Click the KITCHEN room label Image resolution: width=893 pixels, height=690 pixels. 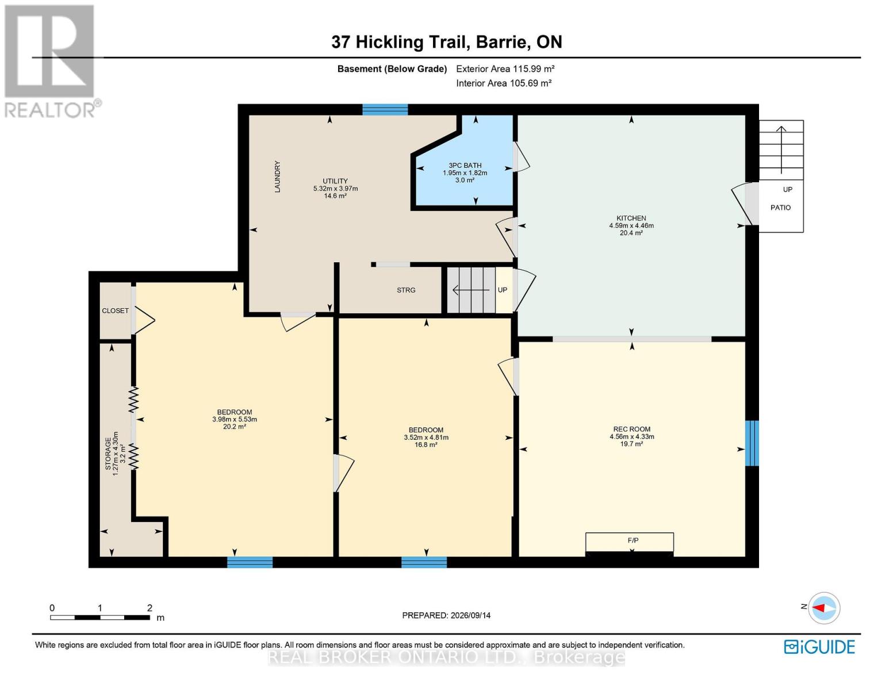(631, 218)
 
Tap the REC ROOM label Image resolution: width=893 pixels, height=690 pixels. (631, 430)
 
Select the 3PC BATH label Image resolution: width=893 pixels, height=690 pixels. (465, 166)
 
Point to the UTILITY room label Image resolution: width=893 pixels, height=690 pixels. (335, 181)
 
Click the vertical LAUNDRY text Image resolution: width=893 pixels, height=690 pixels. (277, 177)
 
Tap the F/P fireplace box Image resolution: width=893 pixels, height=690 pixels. (630, 542)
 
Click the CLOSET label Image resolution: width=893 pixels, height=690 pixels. (115, 310)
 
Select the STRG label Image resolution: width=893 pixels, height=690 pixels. (406, 290)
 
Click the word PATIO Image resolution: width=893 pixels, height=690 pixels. (780, 208)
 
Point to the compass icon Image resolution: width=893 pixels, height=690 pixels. (823, 608)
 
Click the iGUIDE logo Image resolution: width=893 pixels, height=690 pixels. (819, 647)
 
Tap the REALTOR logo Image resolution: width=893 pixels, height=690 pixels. (51, 62)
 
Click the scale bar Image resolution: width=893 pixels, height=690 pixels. (100, 618)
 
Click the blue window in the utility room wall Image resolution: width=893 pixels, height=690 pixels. (385, 110)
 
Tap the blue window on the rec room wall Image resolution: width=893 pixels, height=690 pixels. (752, 443)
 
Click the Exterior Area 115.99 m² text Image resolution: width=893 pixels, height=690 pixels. (505, 69)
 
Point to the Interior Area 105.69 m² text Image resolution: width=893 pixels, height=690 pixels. (504, 83)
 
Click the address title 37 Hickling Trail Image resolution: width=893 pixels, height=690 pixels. (400, 43)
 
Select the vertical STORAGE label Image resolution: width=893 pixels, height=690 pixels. (108, 454)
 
